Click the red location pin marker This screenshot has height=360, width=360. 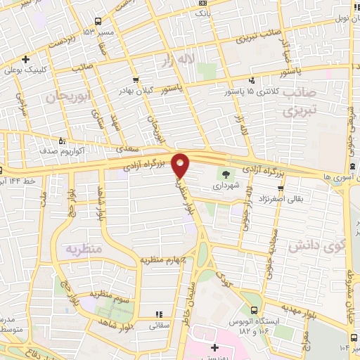pyautogui.click(x=181, y=165)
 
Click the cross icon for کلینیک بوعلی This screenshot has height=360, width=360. pyautogui.click(x=25, y=59)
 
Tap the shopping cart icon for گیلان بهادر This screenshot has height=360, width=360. pyautogui.click(x=136, y=81)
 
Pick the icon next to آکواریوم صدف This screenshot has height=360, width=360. pyautogui.click(x=63, y=139)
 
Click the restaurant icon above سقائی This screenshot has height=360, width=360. pyautogui.click(x=159, y=314)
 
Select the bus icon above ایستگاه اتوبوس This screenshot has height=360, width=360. pyautogui.click(x=254, y=309)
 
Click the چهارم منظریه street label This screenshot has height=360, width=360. pyautogui.click(x=165, y=259)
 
